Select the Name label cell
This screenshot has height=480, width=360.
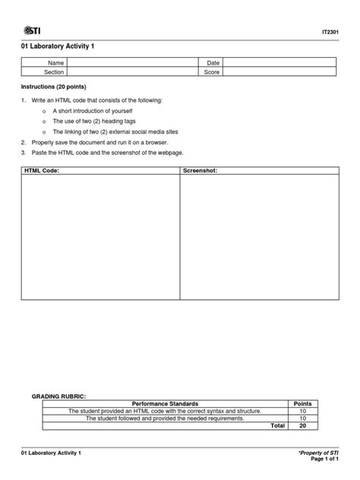pyautogui.click(x=55, y=62)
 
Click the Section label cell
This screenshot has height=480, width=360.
pyautogui.click(x=55, y=72)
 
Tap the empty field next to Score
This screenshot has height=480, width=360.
pyautogui.click(x=280, y=72)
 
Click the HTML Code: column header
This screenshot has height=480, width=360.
pyautogui.click(x=42, y=172)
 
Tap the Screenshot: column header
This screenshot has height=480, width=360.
pyautogui.click(x=201, y=172)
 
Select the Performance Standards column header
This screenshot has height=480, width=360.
pyautogui.click(x=165, y=403)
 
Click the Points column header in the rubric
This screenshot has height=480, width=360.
pyautogui.click(x=302, y=403)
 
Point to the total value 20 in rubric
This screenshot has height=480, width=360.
pyautogui.click(x=302, y=426)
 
